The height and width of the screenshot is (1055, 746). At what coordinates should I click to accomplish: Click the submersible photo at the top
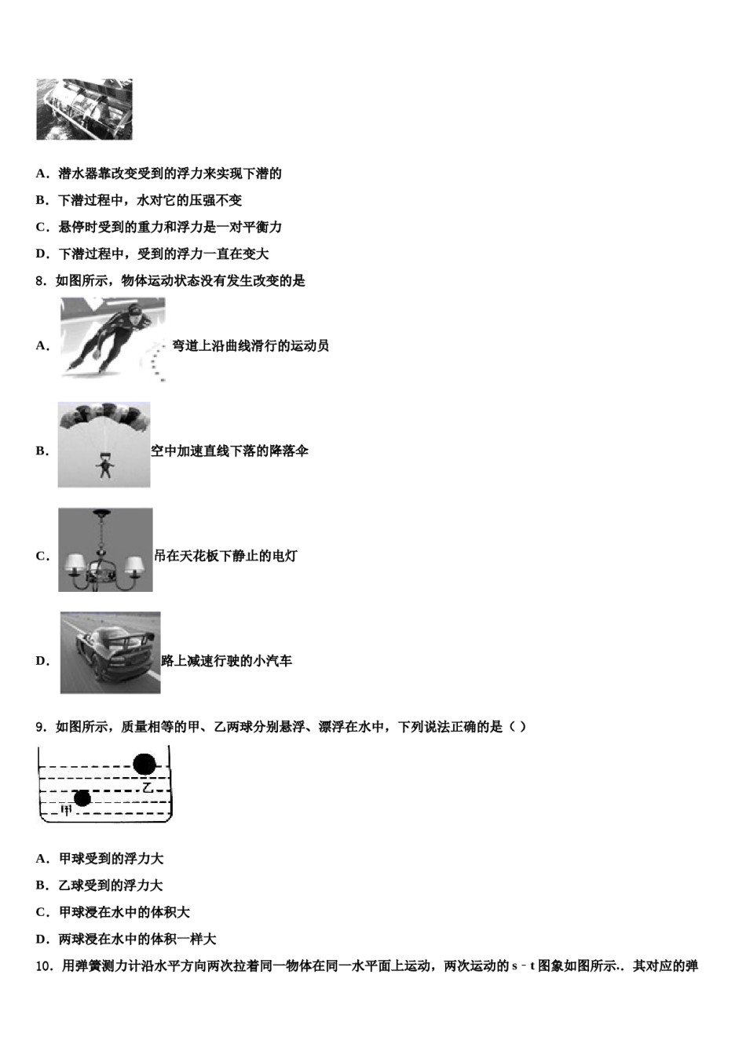[x=84, y=109]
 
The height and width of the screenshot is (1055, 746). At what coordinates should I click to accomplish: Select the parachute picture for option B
[x=104, y=444]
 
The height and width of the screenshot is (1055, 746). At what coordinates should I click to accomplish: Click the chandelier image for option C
[x=105, y=549]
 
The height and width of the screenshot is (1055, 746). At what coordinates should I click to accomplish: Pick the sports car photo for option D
[x=110, y=653]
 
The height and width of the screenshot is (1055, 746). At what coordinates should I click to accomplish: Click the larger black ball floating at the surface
[x=145, y=763]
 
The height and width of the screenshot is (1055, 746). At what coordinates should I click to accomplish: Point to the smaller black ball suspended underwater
[x=82, y=798]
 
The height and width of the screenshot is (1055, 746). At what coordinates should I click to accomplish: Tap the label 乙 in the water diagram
[x=147, y=787]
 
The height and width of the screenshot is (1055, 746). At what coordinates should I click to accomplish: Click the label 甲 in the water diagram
[x=67, y=811]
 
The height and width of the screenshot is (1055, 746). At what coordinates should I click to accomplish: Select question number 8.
[x=41, y=280]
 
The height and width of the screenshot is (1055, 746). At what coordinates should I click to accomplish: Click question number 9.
[x=41, y=727]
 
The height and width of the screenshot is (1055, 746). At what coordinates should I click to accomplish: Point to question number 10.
[x=44, y=966]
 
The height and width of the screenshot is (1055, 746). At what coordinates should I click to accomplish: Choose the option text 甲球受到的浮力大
[x=111, y=859]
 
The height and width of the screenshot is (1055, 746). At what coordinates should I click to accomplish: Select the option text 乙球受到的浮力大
[x=111, y=885]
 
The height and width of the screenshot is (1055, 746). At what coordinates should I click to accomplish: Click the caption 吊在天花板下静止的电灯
[x=225, y=557]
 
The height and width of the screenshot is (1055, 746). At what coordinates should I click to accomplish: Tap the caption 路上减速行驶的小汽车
[x=226, y=661]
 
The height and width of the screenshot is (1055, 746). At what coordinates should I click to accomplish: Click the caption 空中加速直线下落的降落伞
[x=229, y=451]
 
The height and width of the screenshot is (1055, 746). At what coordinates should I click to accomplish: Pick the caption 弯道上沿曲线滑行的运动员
[x=250, y=345]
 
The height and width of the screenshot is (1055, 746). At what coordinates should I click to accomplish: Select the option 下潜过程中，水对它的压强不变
[x=150, y=200]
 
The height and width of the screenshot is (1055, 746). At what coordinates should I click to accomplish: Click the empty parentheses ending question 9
[x=517, y=727]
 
